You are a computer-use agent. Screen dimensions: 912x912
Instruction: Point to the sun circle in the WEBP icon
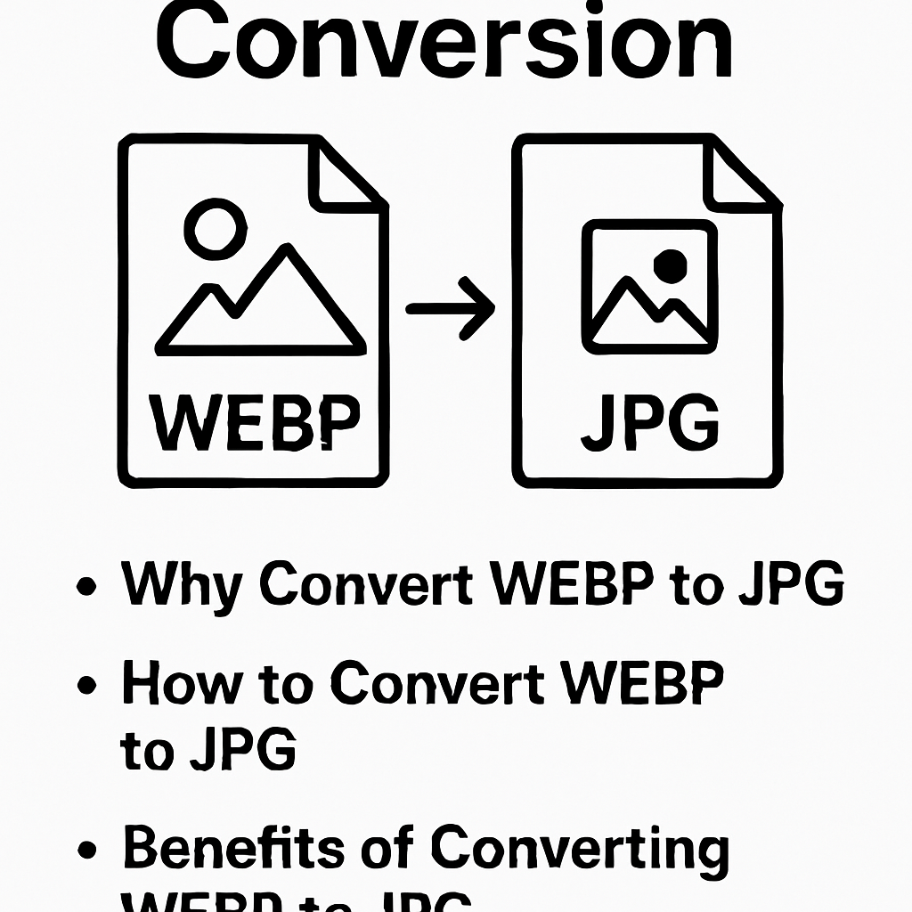point(214,228)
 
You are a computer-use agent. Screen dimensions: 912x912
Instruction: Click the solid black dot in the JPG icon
point(670,264)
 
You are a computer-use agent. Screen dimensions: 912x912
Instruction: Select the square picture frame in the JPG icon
point(648,286)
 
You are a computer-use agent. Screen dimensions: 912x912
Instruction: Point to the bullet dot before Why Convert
point(86,588)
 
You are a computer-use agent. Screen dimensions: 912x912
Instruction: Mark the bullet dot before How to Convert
point(86,685)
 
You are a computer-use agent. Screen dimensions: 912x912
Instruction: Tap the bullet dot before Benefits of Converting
point(86,850)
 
